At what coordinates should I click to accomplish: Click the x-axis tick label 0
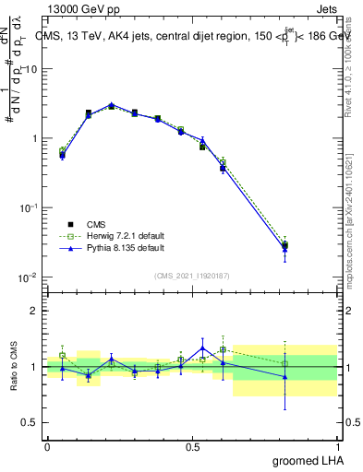click(x=47, y=445)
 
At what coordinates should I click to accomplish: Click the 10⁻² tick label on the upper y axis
click(x=30, y=277)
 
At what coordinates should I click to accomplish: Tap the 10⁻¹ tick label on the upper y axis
click(x=30, y=208)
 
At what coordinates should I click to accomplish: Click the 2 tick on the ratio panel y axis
click(x=35, y=311)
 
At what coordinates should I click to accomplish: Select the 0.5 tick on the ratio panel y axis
click(x=31, y=424)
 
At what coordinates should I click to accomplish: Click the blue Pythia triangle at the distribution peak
click(x=112, y=104)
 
